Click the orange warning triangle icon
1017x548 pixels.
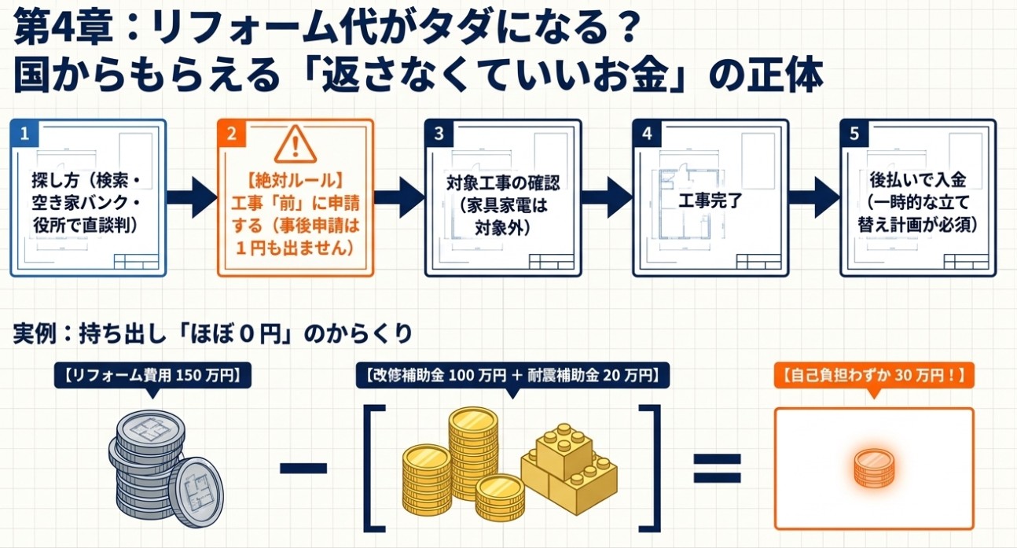pos(296,145)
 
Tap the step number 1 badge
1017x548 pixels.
pos(24,134)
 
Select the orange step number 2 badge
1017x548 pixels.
pos(232,134)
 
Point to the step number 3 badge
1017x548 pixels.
pos(439,134)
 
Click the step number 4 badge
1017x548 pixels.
pos(647,134)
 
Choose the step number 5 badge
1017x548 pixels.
pos(854,134)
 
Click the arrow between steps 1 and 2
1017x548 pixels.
pos(192,197)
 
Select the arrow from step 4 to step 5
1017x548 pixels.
pos(814,197)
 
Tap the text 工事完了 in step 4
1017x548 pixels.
pos(710,200)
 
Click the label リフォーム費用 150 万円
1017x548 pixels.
pos(152,376)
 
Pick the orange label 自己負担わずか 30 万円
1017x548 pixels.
pos(874,376)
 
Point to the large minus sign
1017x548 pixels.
pos(303,468)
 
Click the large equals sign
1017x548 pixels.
pos(718,468)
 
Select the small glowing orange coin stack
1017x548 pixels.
pos(875,468)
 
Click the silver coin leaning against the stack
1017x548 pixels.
pos(196,492)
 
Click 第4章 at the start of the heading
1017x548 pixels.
pos(63,28)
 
